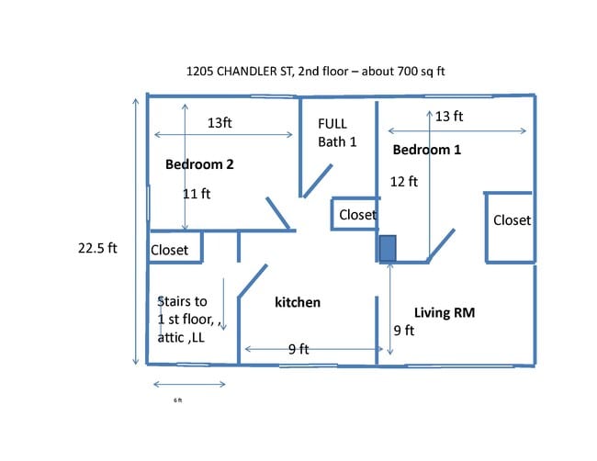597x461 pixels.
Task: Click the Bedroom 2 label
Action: pos(199,164)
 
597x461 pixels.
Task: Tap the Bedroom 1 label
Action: pos(427,150)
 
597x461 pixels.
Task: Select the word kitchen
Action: pos(298,302)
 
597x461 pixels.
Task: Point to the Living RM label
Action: pos(445,312)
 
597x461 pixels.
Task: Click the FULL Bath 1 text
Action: pos(337,133)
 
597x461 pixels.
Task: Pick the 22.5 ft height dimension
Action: pos(97,248)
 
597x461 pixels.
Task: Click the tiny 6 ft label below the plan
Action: pos(178,400)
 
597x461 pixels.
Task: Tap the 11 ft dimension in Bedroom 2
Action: pos(197,194)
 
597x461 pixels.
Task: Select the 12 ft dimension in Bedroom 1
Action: pos(403,182)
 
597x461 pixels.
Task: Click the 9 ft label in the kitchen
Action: pos(298,349)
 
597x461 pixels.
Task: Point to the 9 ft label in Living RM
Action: pos(403,331)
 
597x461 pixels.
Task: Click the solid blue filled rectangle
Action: pos(388,248)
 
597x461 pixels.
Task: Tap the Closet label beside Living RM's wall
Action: pos(512,220)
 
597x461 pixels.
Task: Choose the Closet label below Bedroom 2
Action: pos(169,250)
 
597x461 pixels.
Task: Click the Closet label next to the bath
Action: pos(358,215)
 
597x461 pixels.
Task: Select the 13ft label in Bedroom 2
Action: pos(220,122)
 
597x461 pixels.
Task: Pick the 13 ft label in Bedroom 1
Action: pos(449,116)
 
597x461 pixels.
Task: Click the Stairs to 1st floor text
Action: pos(189,310)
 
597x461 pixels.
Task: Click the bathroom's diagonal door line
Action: pos(318,181)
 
